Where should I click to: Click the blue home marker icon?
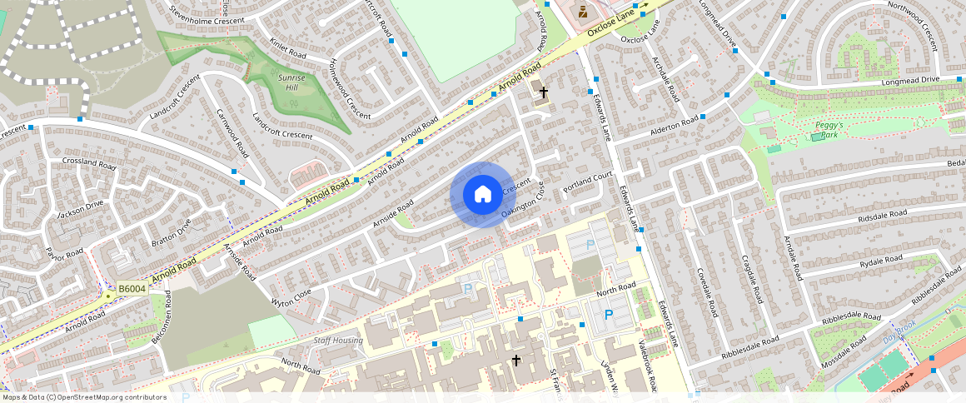tap(481, 195)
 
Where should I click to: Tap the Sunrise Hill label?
tap(291, 82)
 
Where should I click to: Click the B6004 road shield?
tap(132, 289)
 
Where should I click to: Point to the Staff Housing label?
tap(337, 341)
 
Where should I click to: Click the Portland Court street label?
tap(587, 182)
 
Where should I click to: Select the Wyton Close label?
tap(291, 296)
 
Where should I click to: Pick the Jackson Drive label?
tap(80, 209)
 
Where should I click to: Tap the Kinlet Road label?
tap(288, 48)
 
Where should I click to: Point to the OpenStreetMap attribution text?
tap(84, 397)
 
